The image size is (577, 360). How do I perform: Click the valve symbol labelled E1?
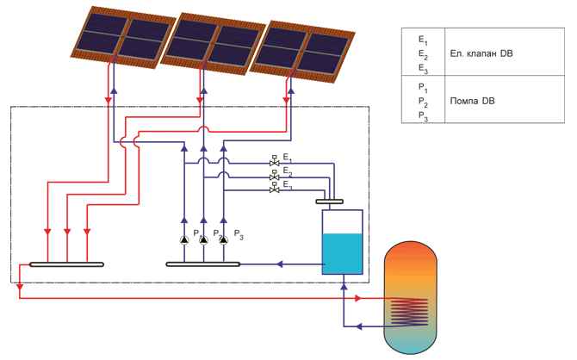pyautogui.click(x=275, y=162)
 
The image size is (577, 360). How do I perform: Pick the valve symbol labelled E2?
pyautogui.click(x=275, y=176)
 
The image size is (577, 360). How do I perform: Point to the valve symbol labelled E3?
pyautogui.click(x=275, y=189)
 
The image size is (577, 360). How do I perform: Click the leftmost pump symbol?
pyautogui.click(x=184, y=240)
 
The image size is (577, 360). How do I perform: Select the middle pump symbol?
pyautogui.click(x=203, y=240)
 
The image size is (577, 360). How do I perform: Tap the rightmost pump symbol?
pyautogui.click(x=223, y=240)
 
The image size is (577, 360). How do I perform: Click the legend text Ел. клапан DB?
pyautogui.click(x=482, y=53)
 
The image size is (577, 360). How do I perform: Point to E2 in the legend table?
pyautogui.click(x=421, y=53)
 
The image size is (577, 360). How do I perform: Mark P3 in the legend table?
pyautogui.click(x=421, y=115)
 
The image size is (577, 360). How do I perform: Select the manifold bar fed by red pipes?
pyautogui.click(x=66, y=264)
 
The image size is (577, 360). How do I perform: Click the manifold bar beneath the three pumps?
pyautogui.click(x=203, y=264)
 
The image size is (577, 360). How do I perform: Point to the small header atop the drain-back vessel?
pyautogui.click(x=332, y=202)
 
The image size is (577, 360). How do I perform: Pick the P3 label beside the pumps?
pyautogui.click(x=239, y=234)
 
